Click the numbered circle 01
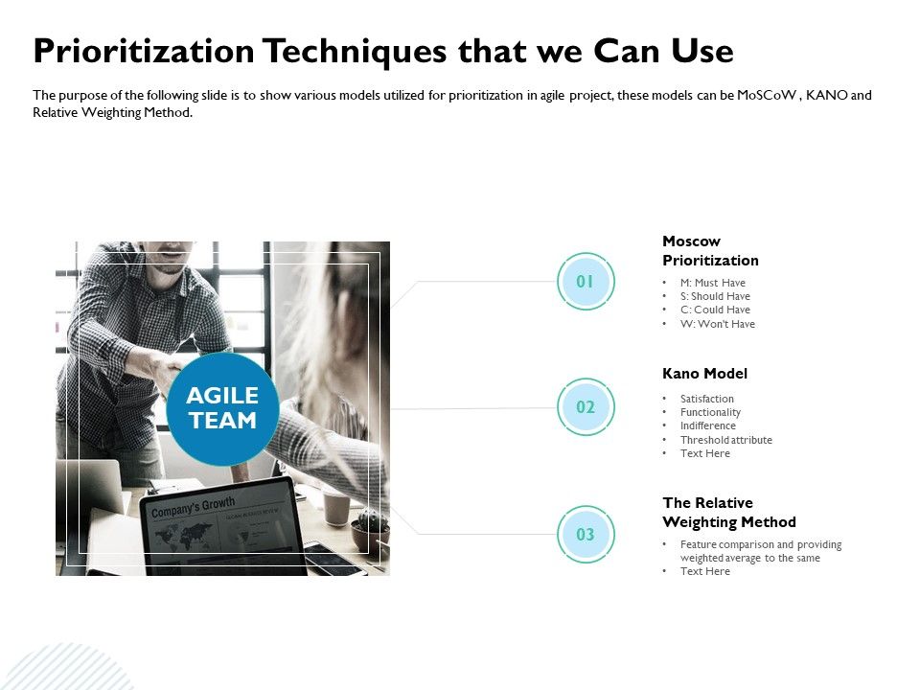pos(585,281)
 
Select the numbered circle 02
pos(585,407)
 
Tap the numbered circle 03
pos(585,535)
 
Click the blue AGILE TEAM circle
pos(222,409)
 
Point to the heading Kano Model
pos(704,374)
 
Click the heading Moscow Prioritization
pos(710,251)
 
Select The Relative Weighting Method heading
pos(728,513)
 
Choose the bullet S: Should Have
pos(715,296)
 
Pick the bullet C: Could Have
pos(715,310)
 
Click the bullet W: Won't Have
pos(717,324)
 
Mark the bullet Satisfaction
pos(706,399)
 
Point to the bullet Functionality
pos(710,412)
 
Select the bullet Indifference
pos(707,425)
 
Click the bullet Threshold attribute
pos(725,440)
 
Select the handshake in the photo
pos(172,369)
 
